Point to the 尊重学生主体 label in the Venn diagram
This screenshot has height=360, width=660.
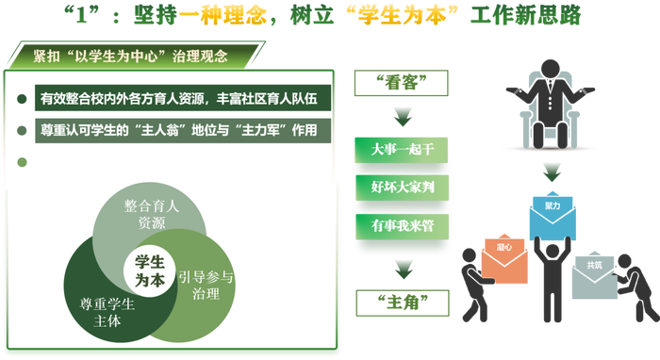(106, 310)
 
